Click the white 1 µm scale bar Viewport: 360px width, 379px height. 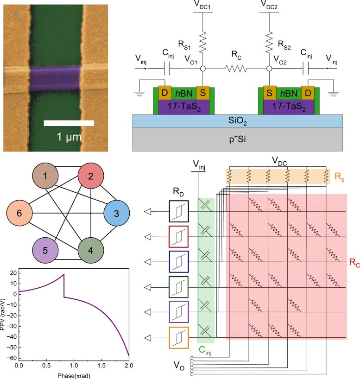pyautogui.click(x=69, y=123)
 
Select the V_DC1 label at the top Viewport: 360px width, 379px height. pyautogui.click(x=203, y=6)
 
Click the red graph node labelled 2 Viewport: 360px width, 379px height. pyautogui.click(x=91, y=177)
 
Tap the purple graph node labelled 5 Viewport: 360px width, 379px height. pyautogui.click(x=45, y=252)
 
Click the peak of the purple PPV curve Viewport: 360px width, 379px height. pyautogui.click(x=63, y=274)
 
